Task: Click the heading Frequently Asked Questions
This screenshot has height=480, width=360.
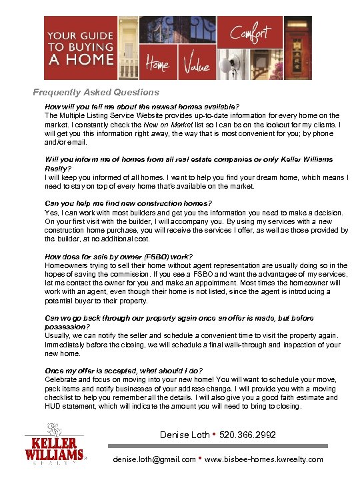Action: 97,93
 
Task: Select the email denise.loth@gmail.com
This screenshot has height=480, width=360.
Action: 155,459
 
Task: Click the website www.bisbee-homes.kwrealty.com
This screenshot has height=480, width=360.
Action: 265,459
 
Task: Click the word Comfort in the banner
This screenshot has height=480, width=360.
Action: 251,33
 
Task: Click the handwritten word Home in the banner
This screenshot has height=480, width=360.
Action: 157,65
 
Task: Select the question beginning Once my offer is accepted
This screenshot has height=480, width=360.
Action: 142,371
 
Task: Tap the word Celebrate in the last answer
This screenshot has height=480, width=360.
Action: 61,379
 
